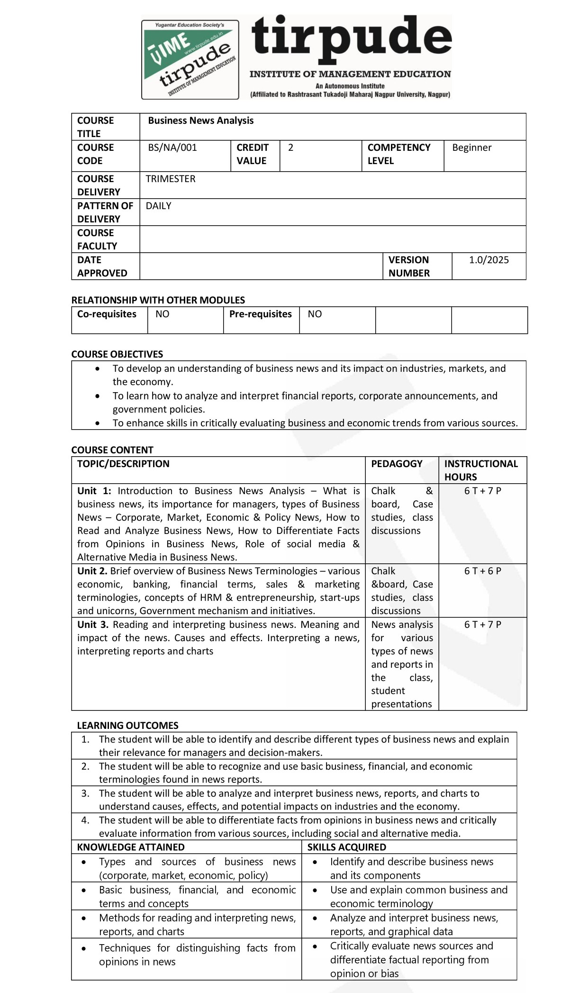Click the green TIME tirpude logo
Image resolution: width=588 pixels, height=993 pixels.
point(190,59)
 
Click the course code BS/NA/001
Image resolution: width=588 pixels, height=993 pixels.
point(172,147)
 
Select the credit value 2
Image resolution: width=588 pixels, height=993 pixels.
point(290,147)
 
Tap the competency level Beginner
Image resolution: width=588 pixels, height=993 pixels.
point(471,147)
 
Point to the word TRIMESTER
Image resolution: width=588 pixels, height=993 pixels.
point(170,179)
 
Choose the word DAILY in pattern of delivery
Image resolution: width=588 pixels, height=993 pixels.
point(158,206)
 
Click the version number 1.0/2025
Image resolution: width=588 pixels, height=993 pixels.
point(488,260)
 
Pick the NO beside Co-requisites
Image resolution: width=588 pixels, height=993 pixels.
point(162,314)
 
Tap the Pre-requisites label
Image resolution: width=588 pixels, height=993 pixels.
point(260,314)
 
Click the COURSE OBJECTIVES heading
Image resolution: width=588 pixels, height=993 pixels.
point(117,354)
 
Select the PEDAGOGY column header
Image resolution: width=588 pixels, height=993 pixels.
point(397,464)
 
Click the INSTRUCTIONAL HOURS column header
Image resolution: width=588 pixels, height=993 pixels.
point(480,470)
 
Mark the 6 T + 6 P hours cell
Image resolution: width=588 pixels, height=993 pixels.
point(482,571)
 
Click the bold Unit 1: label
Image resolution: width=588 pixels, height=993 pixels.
point(94,491)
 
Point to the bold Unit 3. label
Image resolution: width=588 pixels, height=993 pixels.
point(93,625)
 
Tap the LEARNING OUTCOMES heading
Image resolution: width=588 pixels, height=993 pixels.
point(127,726)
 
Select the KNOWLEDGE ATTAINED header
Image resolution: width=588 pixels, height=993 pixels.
point(131,847)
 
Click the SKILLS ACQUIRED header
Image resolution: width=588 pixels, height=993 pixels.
point(346,847)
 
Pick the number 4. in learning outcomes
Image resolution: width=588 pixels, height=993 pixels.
point(85,820)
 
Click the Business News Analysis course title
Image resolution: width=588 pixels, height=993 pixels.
point(200,120)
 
